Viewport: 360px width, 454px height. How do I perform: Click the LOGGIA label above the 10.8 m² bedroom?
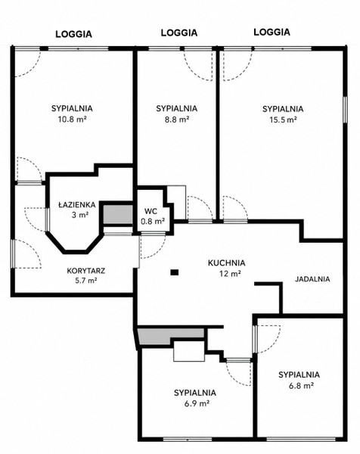[x=74, y=34]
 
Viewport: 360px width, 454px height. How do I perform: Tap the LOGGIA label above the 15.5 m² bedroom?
[x=272, y=32]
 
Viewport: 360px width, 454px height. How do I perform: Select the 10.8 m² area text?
[x=73, y=120]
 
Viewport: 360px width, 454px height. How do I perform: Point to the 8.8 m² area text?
[x=177, y=120]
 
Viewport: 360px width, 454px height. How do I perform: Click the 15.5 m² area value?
[x=283, y=120]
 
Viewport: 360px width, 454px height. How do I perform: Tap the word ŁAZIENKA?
[x=76, y=205]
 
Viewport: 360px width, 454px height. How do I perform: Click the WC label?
[x=151, y=211]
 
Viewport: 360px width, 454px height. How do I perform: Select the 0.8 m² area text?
[x=153, y=222]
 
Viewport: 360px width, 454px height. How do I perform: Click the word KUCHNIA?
[x=227, y=263]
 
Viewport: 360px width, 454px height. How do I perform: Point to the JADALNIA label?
[x=312, y=279]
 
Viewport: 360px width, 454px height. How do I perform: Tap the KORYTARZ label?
[x=86, y=271]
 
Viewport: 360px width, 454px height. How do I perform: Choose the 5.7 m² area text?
[x=86, y=281]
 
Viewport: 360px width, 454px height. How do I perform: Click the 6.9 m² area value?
[x=197, y=403]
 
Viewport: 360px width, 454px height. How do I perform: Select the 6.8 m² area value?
[x=301, y=385]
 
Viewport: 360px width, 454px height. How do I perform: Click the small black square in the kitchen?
[x=175, y=272]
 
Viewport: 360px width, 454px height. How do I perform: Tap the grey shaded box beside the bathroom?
[x=118, y=214]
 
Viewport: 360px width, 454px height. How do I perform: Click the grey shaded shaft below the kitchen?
[x=171, y=335]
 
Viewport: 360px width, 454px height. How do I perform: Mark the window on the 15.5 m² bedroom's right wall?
[x=345, y=110]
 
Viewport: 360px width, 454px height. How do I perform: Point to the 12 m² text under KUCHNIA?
[x=230, y=273]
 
